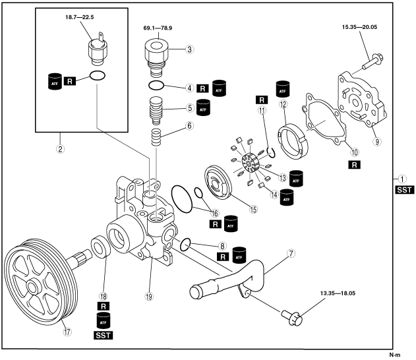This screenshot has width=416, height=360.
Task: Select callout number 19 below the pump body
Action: coord(150,297)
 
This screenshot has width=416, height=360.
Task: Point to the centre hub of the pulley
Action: coord(30,287)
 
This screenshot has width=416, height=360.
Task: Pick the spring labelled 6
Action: coord(157,139)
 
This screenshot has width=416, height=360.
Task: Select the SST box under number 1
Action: coord(402,191)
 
